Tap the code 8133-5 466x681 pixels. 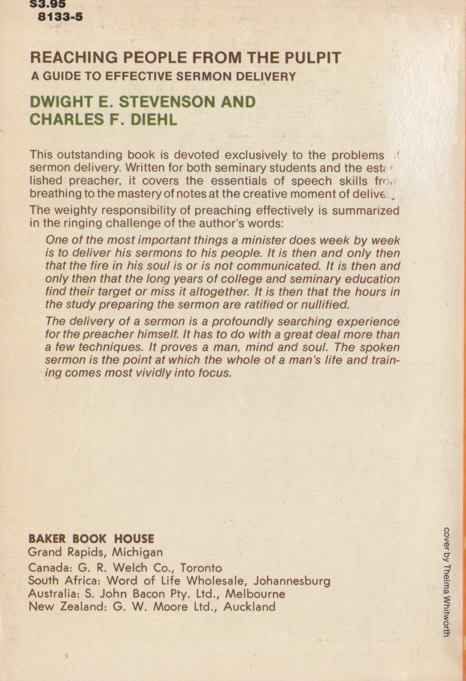[60, 17]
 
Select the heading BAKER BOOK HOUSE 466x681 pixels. [91, 539]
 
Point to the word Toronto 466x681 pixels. [201, 568]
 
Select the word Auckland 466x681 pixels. [249, 606]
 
